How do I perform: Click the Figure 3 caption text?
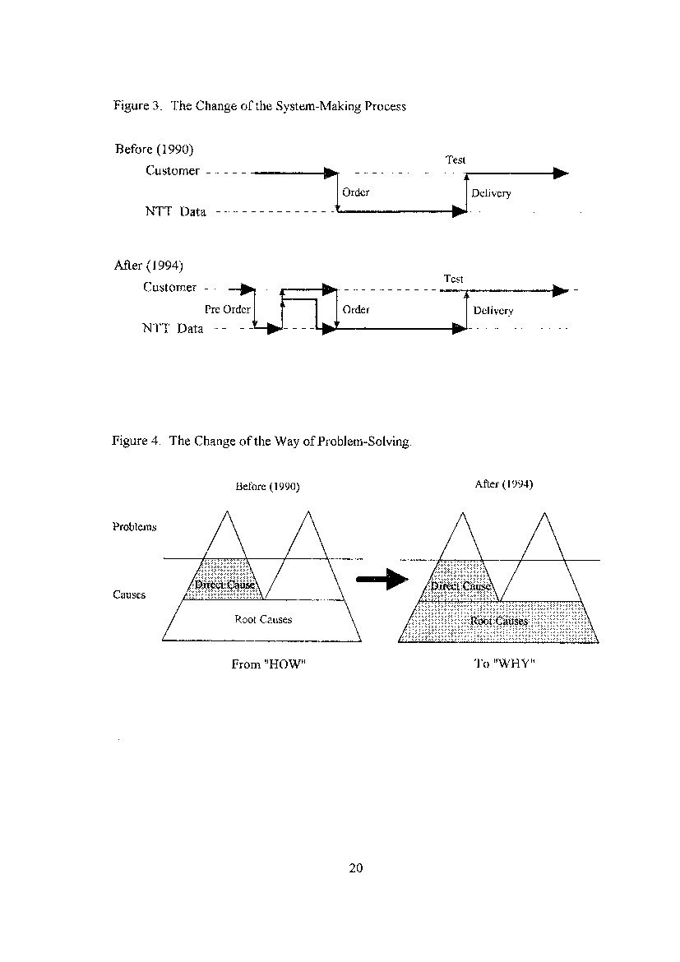pos(260,106)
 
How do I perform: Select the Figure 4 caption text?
pos(261,441)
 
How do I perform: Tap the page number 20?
pos(356,867)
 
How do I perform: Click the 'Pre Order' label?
pos(227,309)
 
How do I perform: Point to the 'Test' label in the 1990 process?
pos(456,160)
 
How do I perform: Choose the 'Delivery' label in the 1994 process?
pos(493,311)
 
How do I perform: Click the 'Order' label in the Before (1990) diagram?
pos(356,192)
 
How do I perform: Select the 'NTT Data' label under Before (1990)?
pos(175,211)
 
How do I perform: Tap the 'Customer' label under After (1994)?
pos(170,287)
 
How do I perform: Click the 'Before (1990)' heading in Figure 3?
pos(154,149)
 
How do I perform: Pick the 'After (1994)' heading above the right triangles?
pos(504,484)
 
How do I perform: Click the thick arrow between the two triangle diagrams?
pos(382,579)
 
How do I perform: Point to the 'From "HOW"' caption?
pos(268,664)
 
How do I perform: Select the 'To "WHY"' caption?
pos(505,664)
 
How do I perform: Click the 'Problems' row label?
pos(134,526)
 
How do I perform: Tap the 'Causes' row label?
pos(129,594)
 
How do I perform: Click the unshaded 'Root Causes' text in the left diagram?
pos(263,620)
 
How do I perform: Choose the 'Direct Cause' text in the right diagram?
pos(460,586)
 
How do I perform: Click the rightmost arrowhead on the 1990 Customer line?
pos(561,173)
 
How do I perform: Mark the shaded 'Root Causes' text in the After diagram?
pos(499,621)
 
